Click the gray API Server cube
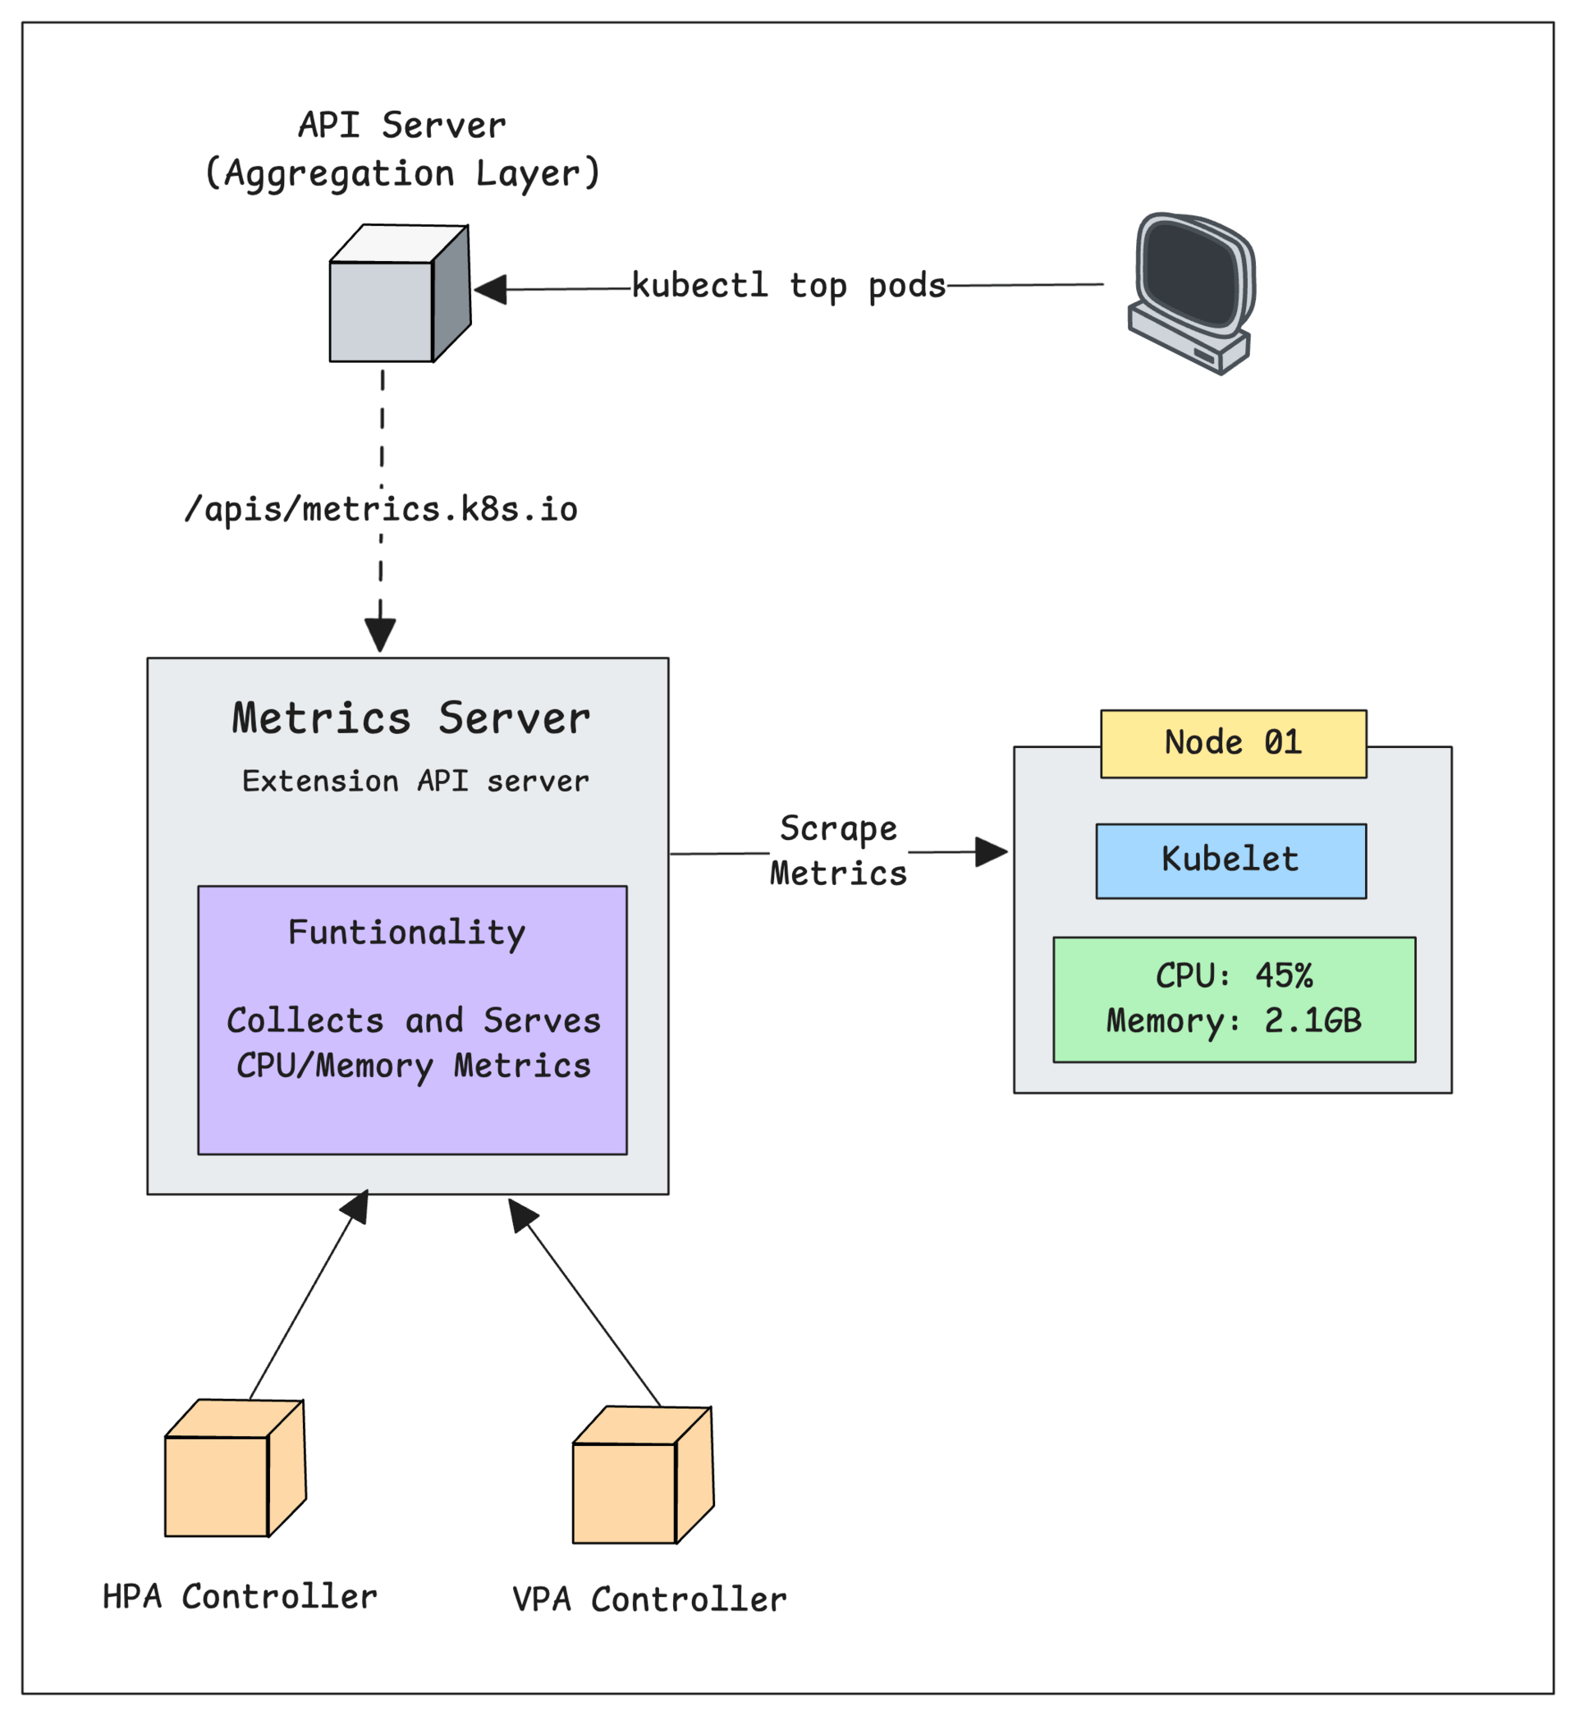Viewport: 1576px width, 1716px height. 399,294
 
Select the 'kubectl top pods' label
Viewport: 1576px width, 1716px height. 789,286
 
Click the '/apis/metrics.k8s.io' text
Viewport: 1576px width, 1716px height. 381,509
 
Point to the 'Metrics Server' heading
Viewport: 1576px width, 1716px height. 411,718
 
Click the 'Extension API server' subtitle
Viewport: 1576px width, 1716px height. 415,782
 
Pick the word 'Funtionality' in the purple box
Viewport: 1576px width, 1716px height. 407,932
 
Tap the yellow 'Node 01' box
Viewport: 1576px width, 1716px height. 1233,744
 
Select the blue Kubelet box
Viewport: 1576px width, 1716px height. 1230,860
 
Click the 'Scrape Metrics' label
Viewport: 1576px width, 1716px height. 838,851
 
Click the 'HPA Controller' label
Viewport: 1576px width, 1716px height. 240,1598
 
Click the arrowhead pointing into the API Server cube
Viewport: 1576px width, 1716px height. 491,289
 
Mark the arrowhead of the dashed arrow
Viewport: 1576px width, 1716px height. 380,635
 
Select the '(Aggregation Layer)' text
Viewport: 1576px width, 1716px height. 402,174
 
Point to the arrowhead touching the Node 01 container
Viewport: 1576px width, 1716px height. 992,851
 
